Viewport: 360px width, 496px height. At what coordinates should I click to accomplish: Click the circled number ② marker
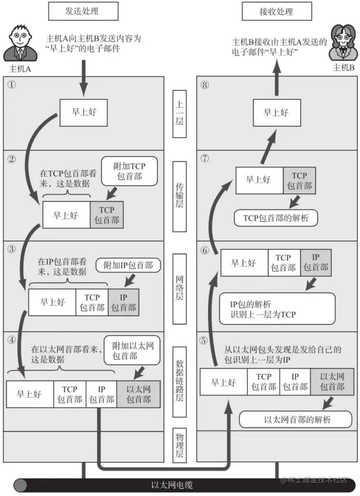[x=11, y=158]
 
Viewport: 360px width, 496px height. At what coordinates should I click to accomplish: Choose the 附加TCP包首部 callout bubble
[x=130, y=171]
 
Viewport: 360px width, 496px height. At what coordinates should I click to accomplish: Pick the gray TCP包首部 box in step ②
[x=107, y=215]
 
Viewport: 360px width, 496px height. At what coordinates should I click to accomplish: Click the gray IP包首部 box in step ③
[x=123, y=302]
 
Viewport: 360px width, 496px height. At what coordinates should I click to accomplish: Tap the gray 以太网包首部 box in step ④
[x=138, y=394]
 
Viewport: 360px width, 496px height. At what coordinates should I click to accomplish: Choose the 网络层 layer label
[x=181, y=285]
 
